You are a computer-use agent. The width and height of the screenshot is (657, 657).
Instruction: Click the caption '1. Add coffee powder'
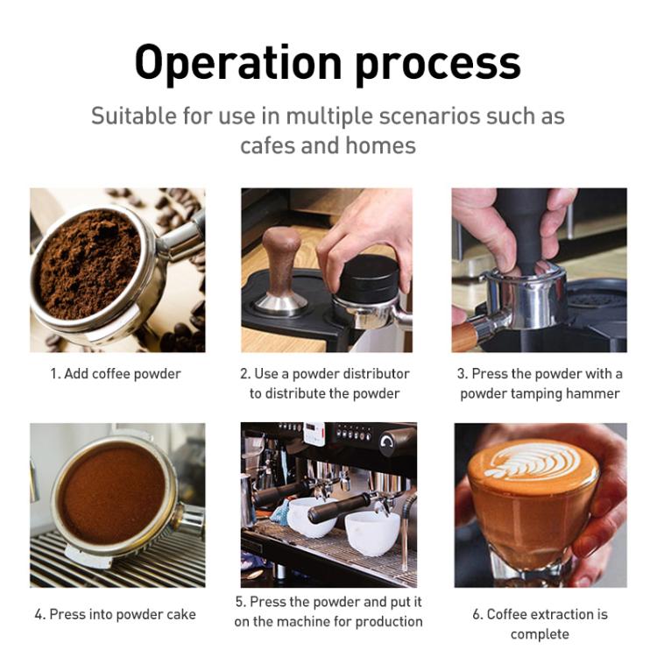[116, 374]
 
